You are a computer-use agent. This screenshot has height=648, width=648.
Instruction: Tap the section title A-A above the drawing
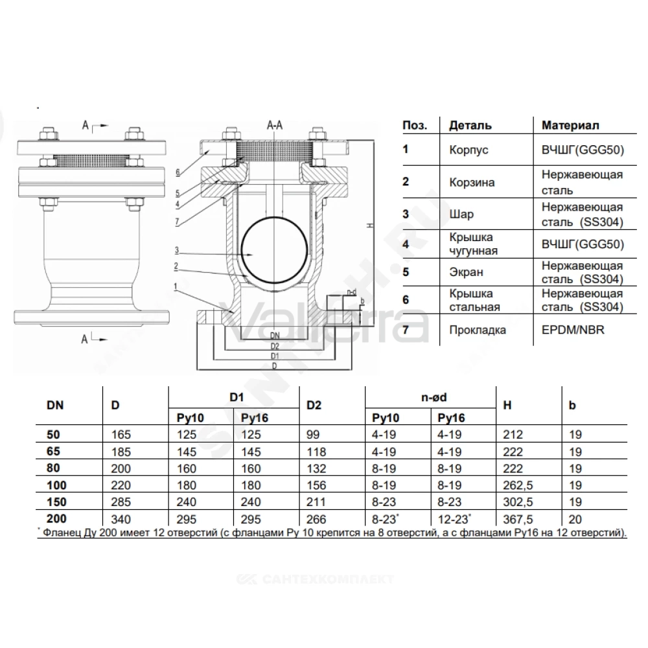[275, 125]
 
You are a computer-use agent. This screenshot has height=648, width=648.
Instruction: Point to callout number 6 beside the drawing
[178, 172]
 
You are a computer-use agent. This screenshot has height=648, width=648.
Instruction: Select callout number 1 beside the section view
[176, 286]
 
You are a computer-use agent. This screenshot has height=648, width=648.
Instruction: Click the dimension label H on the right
[370, 226]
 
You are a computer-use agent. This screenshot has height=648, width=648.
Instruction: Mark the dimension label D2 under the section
[275, 346]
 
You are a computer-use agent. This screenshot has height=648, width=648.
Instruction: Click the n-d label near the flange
[351, 292]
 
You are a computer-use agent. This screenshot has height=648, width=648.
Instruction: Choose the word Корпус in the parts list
[469, 150]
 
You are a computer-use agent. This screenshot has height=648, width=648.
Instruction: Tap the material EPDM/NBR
[573, 330]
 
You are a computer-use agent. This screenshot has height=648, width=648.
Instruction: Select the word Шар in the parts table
[461, 214]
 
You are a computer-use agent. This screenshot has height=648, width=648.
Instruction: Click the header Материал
[570, 125]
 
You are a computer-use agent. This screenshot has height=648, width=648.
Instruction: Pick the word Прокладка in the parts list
[478, 330]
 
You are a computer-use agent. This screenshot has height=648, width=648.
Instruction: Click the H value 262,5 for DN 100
[518, 485]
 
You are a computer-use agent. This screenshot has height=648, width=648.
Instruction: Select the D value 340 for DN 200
[121, 519]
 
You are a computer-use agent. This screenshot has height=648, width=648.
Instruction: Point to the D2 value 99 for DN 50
[314, 435]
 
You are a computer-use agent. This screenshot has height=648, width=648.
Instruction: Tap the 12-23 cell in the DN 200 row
[454, 518]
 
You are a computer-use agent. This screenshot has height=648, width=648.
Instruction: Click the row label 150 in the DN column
[56, 502]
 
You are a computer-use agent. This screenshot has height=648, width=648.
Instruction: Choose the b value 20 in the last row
[575, 519]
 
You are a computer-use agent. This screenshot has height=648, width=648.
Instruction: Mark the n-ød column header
[434, 398]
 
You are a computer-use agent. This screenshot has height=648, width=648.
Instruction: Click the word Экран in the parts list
[466, 272]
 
